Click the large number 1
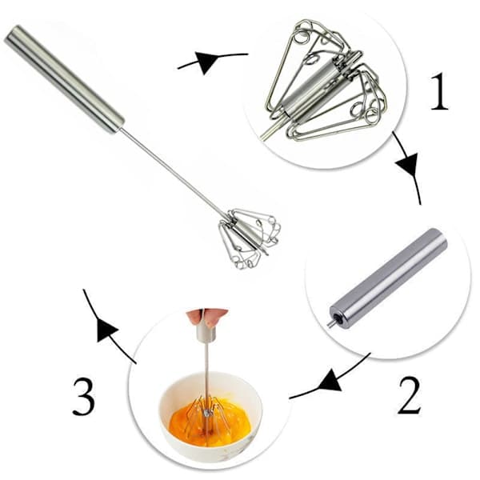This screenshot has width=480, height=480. pyautogui.click(x=440, y=91)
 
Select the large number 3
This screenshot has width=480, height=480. pyautogui.click(x=83, y=397)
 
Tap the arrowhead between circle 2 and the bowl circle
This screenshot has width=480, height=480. pyautogui.click(x=330, y=381)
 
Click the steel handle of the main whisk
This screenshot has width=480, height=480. pyautogui.click(x=64, y=79)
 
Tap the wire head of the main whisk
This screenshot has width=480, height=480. pyautogui.click(x=250, y=238)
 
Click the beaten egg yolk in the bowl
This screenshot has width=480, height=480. pyautogui.click(x=210, y=416)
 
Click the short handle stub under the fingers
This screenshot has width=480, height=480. pyautogui.click(x=206, y=334)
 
